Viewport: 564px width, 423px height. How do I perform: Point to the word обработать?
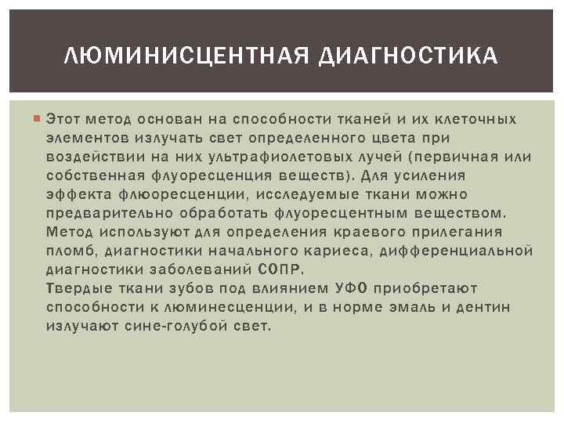coord(226,213)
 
